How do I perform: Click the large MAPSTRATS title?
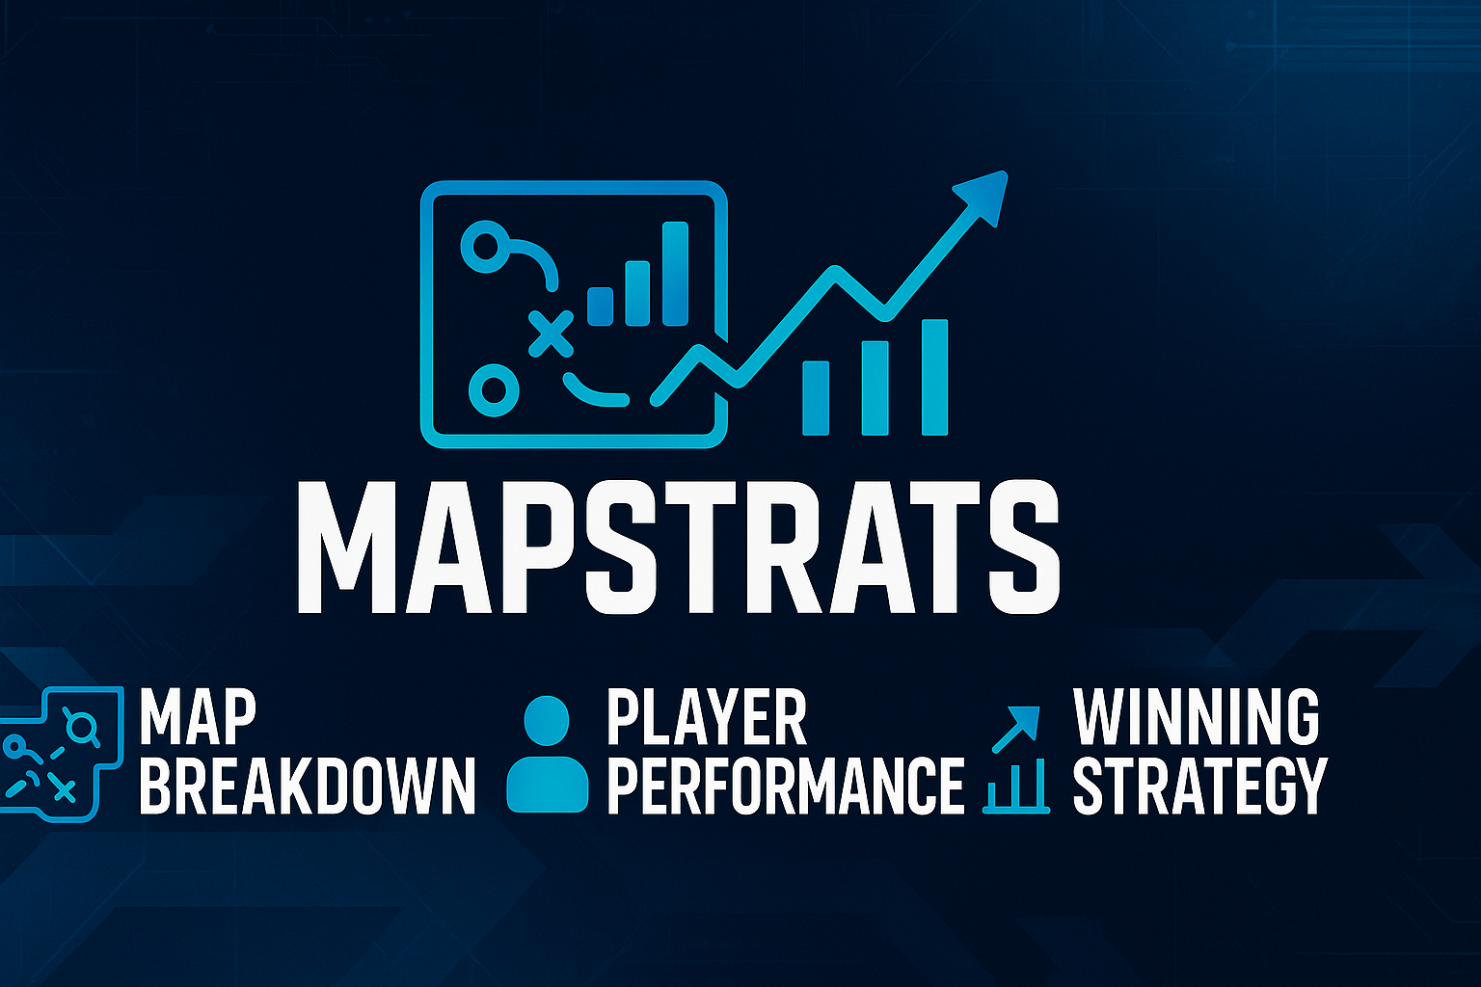tap(679, 547)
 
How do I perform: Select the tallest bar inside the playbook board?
tap(675, 274)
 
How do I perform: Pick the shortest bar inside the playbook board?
tap(601, 307)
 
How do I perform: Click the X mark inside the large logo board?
tap(551, 333)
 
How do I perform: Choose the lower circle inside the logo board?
tap(494, 390)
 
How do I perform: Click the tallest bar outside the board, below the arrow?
tap(934, 378)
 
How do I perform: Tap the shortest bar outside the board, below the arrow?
tap(815, 398)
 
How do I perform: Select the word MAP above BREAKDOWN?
tap(198, 717)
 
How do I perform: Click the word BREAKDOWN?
tap(308, 786)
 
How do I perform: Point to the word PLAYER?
tap(707, 717)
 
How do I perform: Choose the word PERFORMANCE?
tap(786, 786)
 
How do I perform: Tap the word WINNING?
tap(1196, 716)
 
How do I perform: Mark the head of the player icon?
tap(546, 721)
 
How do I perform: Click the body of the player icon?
tap(548, 784)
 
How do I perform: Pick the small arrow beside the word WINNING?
tap(1016, 730)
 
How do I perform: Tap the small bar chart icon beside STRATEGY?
tap(1016, 786)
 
